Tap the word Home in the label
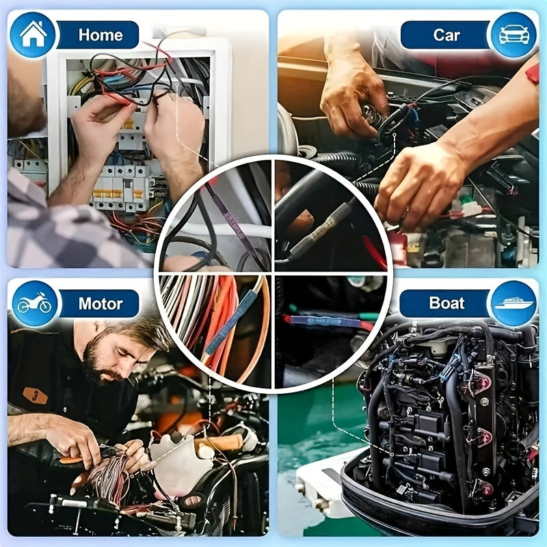point(101,35)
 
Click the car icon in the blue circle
point(513,35)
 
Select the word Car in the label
point(446,35)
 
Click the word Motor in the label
point(101,303)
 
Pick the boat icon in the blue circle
point(513,303)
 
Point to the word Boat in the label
point(446,303)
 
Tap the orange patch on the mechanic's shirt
point(36,396)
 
